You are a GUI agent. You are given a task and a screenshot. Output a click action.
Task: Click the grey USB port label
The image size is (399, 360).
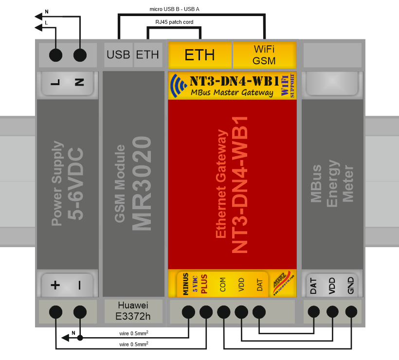click(x=119, y=54)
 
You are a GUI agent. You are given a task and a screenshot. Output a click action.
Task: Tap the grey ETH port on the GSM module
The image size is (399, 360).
click(x=147, y=54)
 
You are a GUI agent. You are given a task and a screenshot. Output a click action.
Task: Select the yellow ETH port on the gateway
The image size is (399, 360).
click(x=199, y=54)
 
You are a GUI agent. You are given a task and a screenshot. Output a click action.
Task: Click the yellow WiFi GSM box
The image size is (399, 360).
click(x=265, y=54)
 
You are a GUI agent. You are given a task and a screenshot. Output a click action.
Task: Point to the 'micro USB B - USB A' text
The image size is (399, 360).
click(x=175, y=9)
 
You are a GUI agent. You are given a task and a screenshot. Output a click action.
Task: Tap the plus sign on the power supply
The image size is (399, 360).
click(x=55, y=285)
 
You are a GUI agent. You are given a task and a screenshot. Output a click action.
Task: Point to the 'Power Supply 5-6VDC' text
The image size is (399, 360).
click(x=67, y=183)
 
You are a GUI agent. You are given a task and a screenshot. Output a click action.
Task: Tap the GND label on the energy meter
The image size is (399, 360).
click(x=351, y=286)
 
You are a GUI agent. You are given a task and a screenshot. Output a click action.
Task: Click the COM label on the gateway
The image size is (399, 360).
click(x=223, y=285)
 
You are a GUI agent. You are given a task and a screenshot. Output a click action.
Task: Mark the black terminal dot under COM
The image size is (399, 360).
click(x=224, y=311)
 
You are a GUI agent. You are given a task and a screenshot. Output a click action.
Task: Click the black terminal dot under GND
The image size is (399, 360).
click(x=351, y=311)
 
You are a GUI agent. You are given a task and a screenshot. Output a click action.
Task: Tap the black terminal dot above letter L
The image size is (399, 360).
click(x=56, y=55)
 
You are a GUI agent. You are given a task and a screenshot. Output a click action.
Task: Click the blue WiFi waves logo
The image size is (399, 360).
click(x=179, y=86)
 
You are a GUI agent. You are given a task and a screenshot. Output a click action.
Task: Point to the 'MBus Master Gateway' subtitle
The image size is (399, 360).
click(x=232, y=93)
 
